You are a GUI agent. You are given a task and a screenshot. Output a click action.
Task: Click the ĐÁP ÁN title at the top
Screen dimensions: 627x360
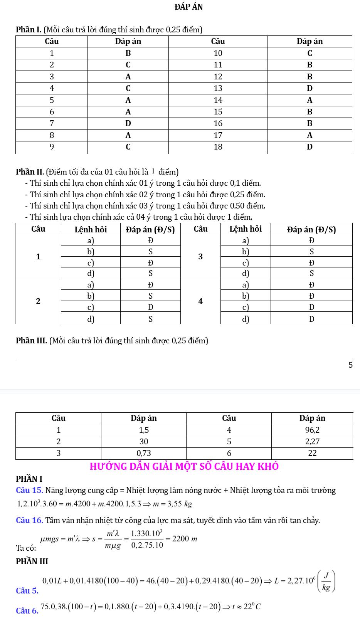[188, 7]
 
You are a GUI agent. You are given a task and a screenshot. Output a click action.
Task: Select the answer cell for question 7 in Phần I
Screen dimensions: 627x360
[128, 124]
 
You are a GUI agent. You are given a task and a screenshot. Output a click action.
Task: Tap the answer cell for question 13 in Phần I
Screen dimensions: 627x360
[310, 88]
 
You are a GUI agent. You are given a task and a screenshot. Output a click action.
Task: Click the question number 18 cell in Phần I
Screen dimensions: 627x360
[218, 147]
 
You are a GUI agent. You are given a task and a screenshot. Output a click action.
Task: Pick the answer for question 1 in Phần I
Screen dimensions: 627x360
[128, 53]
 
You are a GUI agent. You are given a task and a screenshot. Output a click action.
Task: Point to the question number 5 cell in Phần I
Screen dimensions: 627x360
[52, 100]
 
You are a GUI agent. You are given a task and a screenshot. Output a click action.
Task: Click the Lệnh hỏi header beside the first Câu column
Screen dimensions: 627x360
[91, 230]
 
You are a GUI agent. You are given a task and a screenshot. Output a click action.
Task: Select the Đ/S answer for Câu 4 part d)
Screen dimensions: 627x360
[311, 319]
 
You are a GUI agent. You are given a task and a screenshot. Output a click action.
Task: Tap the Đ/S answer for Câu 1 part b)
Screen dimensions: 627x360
[151, 252]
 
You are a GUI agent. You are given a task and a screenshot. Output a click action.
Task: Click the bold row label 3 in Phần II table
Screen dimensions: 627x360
[200, 257]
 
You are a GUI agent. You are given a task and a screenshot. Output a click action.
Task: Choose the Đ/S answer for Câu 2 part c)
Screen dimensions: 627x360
[151, 307]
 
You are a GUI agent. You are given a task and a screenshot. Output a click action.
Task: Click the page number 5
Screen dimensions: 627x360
[350, 365]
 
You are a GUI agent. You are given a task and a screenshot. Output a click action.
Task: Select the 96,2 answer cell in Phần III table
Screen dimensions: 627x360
[312, 430]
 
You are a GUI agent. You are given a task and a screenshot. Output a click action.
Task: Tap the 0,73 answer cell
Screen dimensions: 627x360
[144, 453]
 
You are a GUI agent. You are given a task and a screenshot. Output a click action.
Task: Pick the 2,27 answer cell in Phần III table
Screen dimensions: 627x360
[312, 441]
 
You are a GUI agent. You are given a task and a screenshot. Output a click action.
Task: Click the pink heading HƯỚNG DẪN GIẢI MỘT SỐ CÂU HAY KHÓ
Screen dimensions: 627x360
[184, 466]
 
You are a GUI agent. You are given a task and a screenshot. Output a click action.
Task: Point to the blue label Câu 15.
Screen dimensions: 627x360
[29, 491]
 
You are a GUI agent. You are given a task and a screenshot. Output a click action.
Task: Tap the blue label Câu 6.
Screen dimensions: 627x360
[27, 611]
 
